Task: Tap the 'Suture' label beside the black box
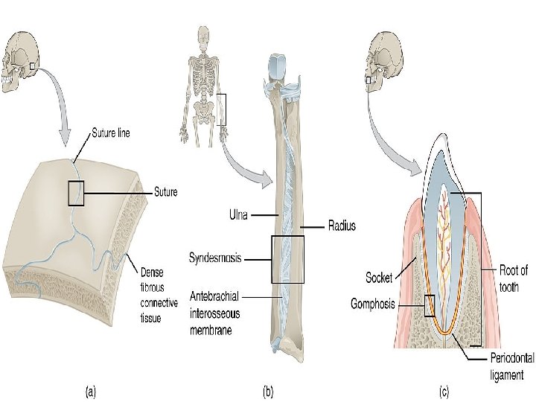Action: point(165,193)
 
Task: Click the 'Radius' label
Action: point(342,226)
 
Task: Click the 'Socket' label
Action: point(379,278)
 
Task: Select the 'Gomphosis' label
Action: point(372,304)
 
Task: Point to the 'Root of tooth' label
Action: point(514,278)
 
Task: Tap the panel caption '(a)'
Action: point(89,389)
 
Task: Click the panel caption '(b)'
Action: point(269,389)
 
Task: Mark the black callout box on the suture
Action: point(77,193)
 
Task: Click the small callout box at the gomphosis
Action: point(429,305)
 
